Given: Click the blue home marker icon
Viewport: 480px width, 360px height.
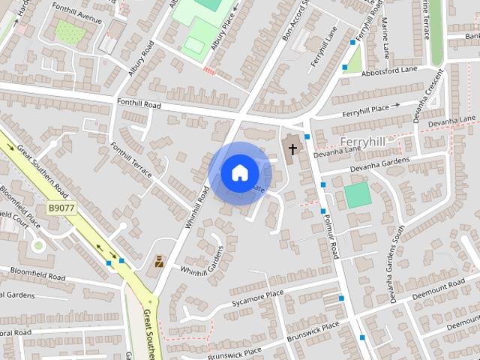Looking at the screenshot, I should tap(239, 173).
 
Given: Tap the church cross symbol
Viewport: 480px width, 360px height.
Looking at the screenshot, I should tap(292, 148).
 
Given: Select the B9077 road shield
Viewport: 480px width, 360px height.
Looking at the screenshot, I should tap(62, 207).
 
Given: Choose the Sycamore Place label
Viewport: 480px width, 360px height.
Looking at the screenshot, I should tap(258, 296).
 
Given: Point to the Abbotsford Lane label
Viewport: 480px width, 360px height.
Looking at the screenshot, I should tap(388, 70).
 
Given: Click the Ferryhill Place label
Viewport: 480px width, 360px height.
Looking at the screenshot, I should tap(366, 111).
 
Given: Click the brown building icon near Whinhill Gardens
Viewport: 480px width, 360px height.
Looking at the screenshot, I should tap(159, 262).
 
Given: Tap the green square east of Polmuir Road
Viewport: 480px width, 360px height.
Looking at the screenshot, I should tap(358, 195).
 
